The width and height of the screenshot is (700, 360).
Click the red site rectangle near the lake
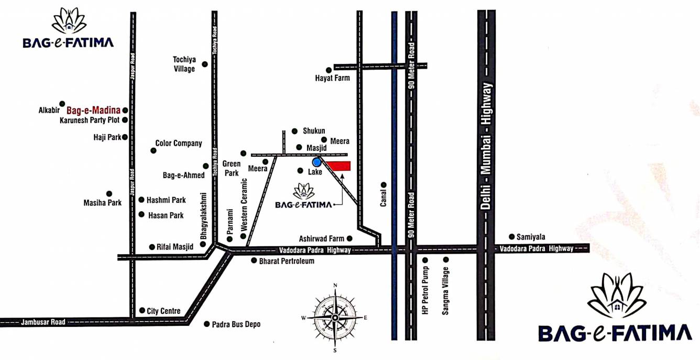click(340, 166)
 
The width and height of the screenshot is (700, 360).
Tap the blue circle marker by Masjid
click(316, 162)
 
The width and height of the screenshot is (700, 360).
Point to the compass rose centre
click(335, 318)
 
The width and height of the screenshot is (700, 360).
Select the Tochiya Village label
click(184, 64)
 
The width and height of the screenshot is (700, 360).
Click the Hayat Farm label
click(332, 78)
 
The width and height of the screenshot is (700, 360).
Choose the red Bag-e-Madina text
click(94, 111)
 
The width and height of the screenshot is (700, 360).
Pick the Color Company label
click(179, 143)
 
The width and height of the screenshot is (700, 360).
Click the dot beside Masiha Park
click(109, 194)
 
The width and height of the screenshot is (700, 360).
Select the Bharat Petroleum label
click(287, 260)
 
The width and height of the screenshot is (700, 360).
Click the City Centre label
click(163, 311)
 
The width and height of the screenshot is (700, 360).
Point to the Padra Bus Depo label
click(236, 324)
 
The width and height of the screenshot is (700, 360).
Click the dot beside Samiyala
click(512, 236)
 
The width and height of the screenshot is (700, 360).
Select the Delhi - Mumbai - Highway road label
click(487, 146)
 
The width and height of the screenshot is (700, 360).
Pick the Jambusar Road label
click(43, 322)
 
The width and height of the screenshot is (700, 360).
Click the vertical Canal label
click(384, 198)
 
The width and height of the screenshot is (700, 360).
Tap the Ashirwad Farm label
click(322, 238)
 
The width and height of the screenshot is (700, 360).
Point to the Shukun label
click(314, 131)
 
